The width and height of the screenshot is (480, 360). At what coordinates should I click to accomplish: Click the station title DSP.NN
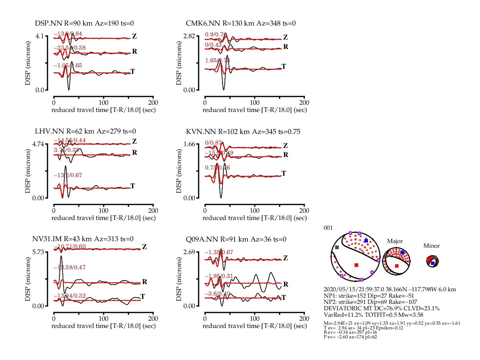(x=49, y=23)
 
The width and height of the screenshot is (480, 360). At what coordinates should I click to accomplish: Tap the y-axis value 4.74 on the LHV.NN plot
(x=38, y=144)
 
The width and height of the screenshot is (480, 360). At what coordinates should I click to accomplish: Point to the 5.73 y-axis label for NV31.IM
(x=38, y=252)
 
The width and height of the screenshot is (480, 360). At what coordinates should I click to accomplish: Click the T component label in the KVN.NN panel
(x=284, y=174)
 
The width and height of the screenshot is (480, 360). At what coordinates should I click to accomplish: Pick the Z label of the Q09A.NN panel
(x=285, y=258)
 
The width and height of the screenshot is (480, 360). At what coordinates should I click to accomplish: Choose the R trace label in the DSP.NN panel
(x=135, y=51)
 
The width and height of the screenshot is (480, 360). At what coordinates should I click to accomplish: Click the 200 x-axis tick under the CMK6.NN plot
(x=304, y=103)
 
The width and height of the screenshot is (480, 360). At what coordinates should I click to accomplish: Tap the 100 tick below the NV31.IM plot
(x=103, y=319)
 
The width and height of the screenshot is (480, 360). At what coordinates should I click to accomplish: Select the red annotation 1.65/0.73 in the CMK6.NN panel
(x=217, y=60)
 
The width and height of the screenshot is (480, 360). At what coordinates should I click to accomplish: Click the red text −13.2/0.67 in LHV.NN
(x=68, y=175)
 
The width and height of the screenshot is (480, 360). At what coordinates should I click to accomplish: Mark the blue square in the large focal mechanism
(x=366, y=240)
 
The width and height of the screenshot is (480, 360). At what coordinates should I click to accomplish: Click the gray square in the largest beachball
(x=337, y=247)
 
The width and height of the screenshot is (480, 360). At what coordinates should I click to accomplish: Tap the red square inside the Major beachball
(x=397, y=266)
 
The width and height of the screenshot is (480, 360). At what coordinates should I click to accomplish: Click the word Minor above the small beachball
(x=431, y=246)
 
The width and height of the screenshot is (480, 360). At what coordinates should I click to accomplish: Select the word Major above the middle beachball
(x=395, y=241)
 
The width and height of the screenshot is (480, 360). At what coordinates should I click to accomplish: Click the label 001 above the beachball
(x=328, y=228)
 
